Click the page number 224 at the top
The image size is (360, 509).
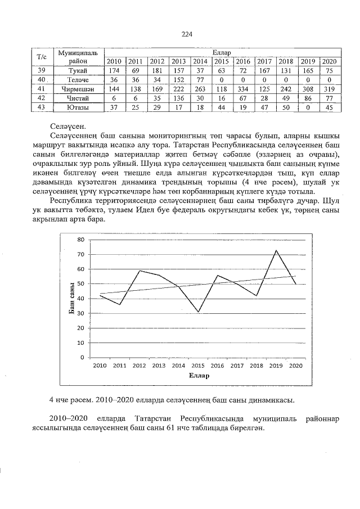[x=187, y=35]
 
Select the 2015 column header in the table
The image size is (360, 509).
[x=221, y=61]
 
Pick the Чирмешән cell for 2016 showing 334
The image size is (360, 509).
[x=243, y=89]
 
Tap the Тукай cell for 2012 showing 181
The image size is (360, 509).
[x=157, y=70]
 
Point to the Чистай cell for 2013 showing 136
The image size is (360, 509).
[x=179, y=98]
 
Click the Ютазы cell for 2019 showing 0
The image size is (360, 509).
[x=307, y=107]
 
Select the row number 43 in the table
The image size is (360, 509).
[x=41, y=107]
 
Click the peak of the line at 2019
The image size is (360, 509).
[x=276, y=250]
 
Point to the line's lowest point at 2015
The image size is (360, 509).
[x=198, y=312]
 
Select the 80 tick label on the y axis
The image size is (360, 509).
[x=81, y=240]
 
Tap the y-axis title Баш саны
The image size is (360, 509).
[x=73, y=298]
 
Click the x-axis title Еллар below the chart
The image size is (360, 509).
[x=199, y=376]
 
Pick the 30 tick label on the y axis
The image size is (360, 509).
[x=81, y=313]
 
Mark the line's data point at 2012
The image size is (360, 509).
[x=139, y=271]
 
